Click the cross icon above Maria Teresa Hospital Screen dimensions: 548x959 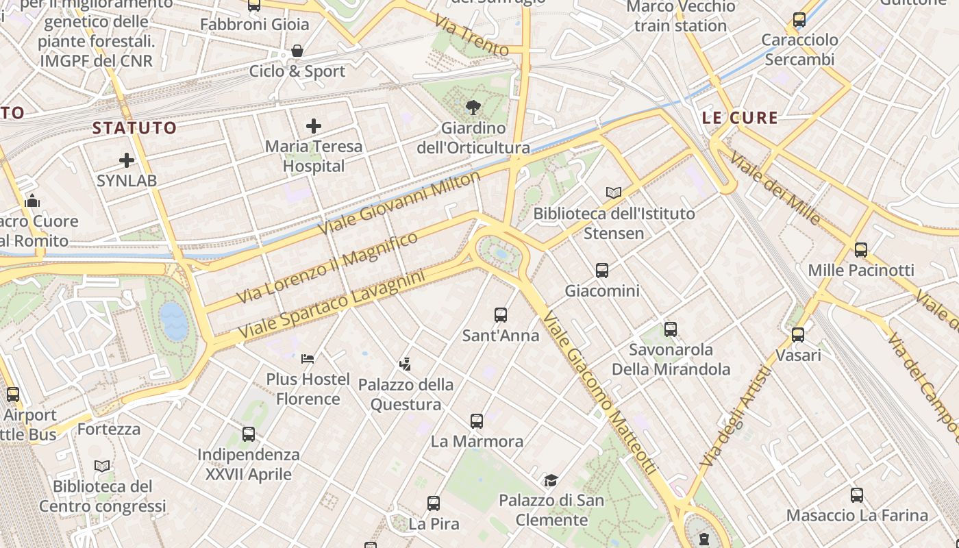point(313,126)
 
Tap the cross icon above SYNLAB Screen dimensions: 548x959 point(127,160)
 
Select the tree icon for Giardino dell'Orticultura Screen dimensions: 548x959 point(473,108)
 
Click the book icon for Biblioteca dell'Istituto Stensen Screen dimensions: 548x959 point(614,193)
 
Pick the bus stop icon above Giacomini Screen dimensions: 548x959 point(602,271)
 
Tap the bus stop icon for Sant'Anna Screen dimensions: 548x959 point(501,315)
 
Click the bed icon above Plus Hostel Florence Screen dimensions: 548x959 point(308,358)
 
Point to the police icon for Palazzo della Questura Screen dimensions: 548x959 point(406,364)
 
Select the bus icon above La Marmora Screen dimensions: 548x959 point(477,421)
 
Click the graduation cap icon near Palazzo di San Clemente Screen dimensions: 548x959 point(551,480)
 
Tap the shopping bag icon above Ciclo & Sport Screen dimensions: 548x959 point(297,51)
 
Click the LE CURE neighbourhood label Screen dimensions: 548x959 point(740,118)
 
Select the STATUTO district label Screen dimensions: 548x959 point(134,127)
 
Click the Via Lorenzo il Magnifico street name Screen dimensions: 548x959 point(327,268)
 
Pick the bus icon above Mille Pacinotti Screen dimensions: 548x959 point(861,250)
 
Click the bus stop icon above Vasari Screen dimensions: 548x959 point(798,335)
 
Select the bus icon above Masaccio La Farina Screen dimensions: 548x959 point(857,495)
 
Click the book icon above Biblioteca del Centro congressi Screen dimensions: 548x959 point(102,466)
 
